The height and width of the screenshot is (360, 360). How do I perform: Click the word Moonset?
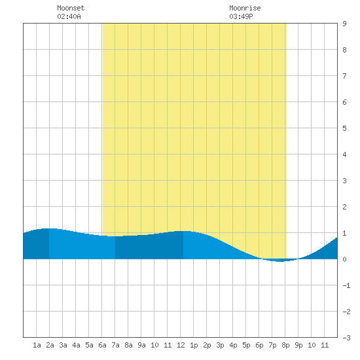click(71, 8)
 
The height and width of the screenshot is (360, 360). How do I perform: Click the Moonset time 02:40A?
click(69, 16)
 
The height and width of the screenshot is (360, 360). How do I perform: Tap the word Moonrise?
click(245, 8)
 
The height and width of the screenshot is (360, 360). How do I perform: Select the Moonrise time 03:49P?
click(241, 16)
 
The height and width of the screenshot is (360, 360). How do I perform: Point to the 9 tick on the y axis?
click(344, 24)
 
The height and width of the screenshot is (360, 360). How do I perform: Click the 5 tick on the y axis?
click(344, 128)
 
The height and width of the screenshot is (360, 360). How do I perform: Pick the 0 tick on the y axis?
click(344, 259)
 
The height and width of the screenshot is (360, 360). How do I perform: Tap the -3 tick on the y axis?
click(346, 338)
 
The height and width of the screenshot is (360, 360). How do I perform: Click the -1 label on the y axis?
click(346, 285)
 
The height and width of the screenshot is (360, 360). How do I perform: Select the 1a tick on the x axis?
click(37, 345)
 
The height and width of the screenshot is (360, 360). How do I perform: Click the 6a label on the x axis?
click(102, 345)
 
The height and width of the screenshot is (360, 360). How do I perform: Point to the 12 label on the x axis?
click(181, 345)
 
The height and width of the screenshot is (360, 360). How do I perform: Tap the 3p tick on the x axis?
click(220, 345)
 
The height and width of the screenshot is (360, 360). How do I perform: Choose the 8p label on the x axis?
click(285, 345)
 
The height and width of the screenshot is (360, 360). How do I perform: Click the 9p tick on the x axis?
click(298, 345)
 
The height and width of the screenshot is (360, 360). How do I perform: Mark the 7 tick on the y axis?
click(344, 76)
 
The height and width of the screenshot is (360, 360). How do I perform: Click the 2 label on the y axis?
click(344, 207)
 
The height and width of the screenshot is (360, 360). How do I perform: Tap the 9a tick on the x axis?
click(141, 345)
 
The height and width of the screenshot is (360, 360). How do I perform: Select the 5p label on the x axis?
click(246, 345)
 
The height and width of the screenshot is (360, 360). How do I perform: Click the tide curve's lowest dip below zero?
click(279, 261)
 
